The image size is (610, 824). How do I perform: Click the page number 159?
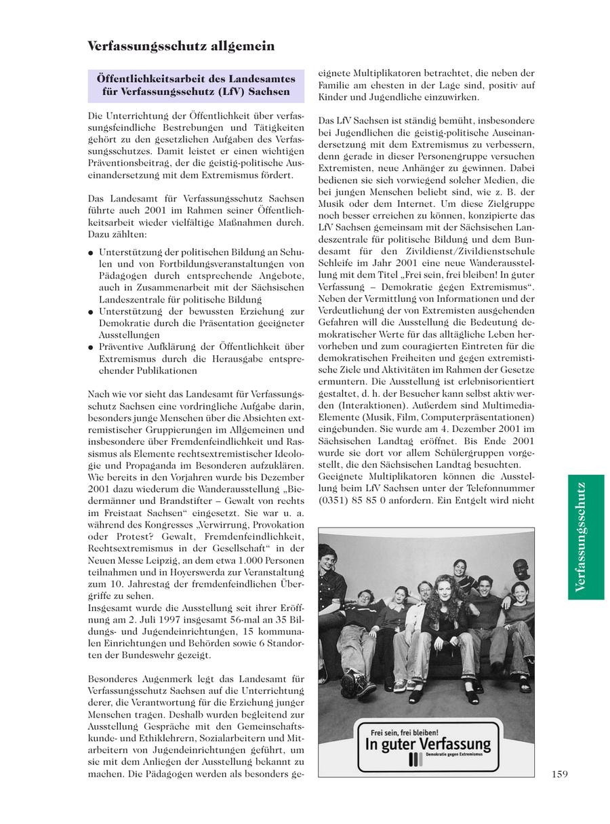(x=559, y=774)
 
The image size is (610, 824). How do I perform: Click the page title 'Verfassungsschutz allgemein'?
(x=181, y=46)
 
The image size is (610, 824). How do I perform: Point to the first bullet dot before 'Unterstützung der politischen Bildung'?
(x=91, y=253)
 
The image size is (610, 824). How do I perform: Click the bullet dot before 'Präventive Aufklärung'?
(x=91, y=347)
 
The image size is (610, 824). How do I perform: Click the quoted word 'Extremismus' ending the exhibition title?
(x=498, y=288)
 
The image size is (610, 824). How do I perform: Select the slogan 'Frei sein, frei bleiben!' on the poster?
(x=404, y=733)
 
